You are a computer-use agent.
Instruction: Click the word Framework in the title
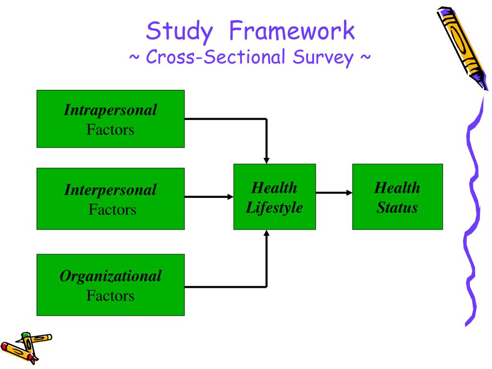pos(292,32)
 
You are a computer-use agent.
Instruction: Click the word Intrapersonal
pos(111,111)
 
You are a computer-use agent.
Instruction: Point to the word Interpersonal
pos(111,190)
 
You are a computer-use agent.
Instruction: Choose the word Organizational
pos(111,276)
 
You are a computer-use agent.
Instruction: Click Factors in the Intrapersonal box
pos(111,130)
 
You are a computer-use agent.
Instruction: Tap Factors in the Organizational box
pos(111,295)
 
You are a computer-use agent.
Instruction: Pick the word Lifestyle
pos(274,208)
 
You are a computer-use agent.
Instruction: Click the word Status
pos(397,208)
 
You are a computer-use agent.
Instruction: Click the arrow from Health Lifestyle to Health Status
pos(333,193)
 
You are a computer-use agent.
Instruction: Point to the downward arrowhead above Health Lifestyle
pos(267,160)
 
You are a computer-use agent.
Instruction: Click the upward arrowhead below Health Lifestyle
pos(267,234)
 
